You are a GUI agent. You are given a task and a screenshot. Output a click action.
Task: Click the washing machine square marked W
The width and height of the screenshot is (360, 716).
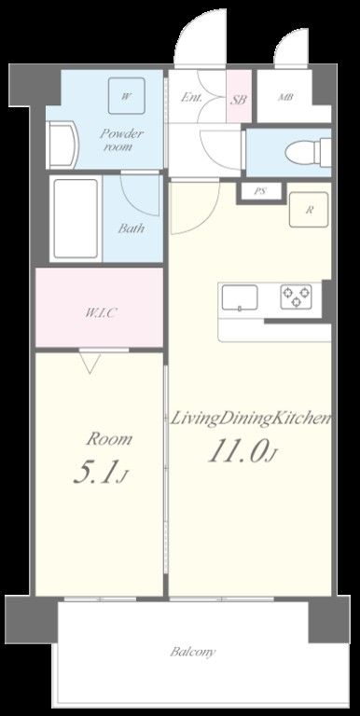(127, 96)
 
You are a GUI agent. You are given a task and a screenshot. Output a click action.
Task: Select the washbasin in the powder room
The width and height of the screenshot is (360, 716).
(62, 145)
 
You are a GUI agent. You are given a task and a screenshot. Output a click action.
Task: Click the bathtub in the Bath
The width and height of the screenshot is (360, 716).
(76, 219)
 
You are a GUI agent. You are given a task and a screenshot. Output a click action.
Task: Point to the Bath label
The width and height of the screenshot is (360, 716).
(132, 227)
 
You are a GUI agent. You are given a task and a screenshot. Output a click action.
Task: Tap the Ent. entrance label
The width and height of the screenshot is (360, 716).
(192, 97)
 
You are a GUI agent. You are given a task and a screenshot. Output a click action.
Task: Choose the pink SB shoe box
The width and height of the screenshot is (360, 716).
(239, 96)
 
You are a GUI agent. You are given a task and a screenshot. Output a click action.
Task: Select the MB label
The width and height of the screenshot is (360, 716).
(286, 97)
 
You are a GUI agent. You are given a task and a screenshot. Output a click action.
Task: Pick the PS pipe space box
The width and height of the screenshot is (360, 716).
(259, 191)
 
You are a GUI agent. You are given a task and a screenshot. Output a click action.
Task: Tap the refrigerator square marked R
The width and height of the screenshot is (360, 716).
(309, 210)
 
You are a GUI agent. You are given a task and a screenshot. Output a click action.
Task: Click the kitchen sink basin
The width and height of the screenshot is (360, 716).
(240, 297)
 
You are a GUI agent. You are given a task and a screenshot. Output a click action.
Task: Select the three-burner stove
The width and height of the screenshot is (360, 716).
(296, 296)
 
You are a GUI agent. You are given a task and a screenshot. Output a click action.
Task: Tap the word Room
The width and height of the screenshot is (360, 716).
(109, 439)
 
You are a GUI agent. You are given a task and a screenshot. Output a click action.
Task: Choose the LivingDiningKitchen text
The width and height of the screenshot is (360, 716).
(250, 420)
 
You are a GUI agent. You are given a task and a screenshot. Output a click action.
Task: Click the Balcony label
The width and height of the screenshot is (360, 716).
(193, 652)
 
